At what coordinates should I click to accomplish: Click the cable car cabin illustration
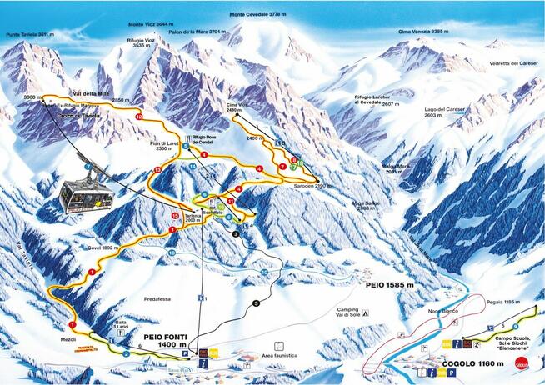86,197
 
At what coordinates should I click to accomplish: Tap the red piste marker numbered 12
139,118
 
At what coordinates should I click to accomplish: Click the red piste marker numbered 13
157,171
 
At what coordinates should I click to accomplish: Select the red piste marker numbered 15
175,217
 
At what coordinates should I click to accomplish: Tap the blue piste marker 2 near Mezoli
125,353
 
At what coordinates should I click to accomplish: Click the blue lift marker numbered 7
87,167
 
